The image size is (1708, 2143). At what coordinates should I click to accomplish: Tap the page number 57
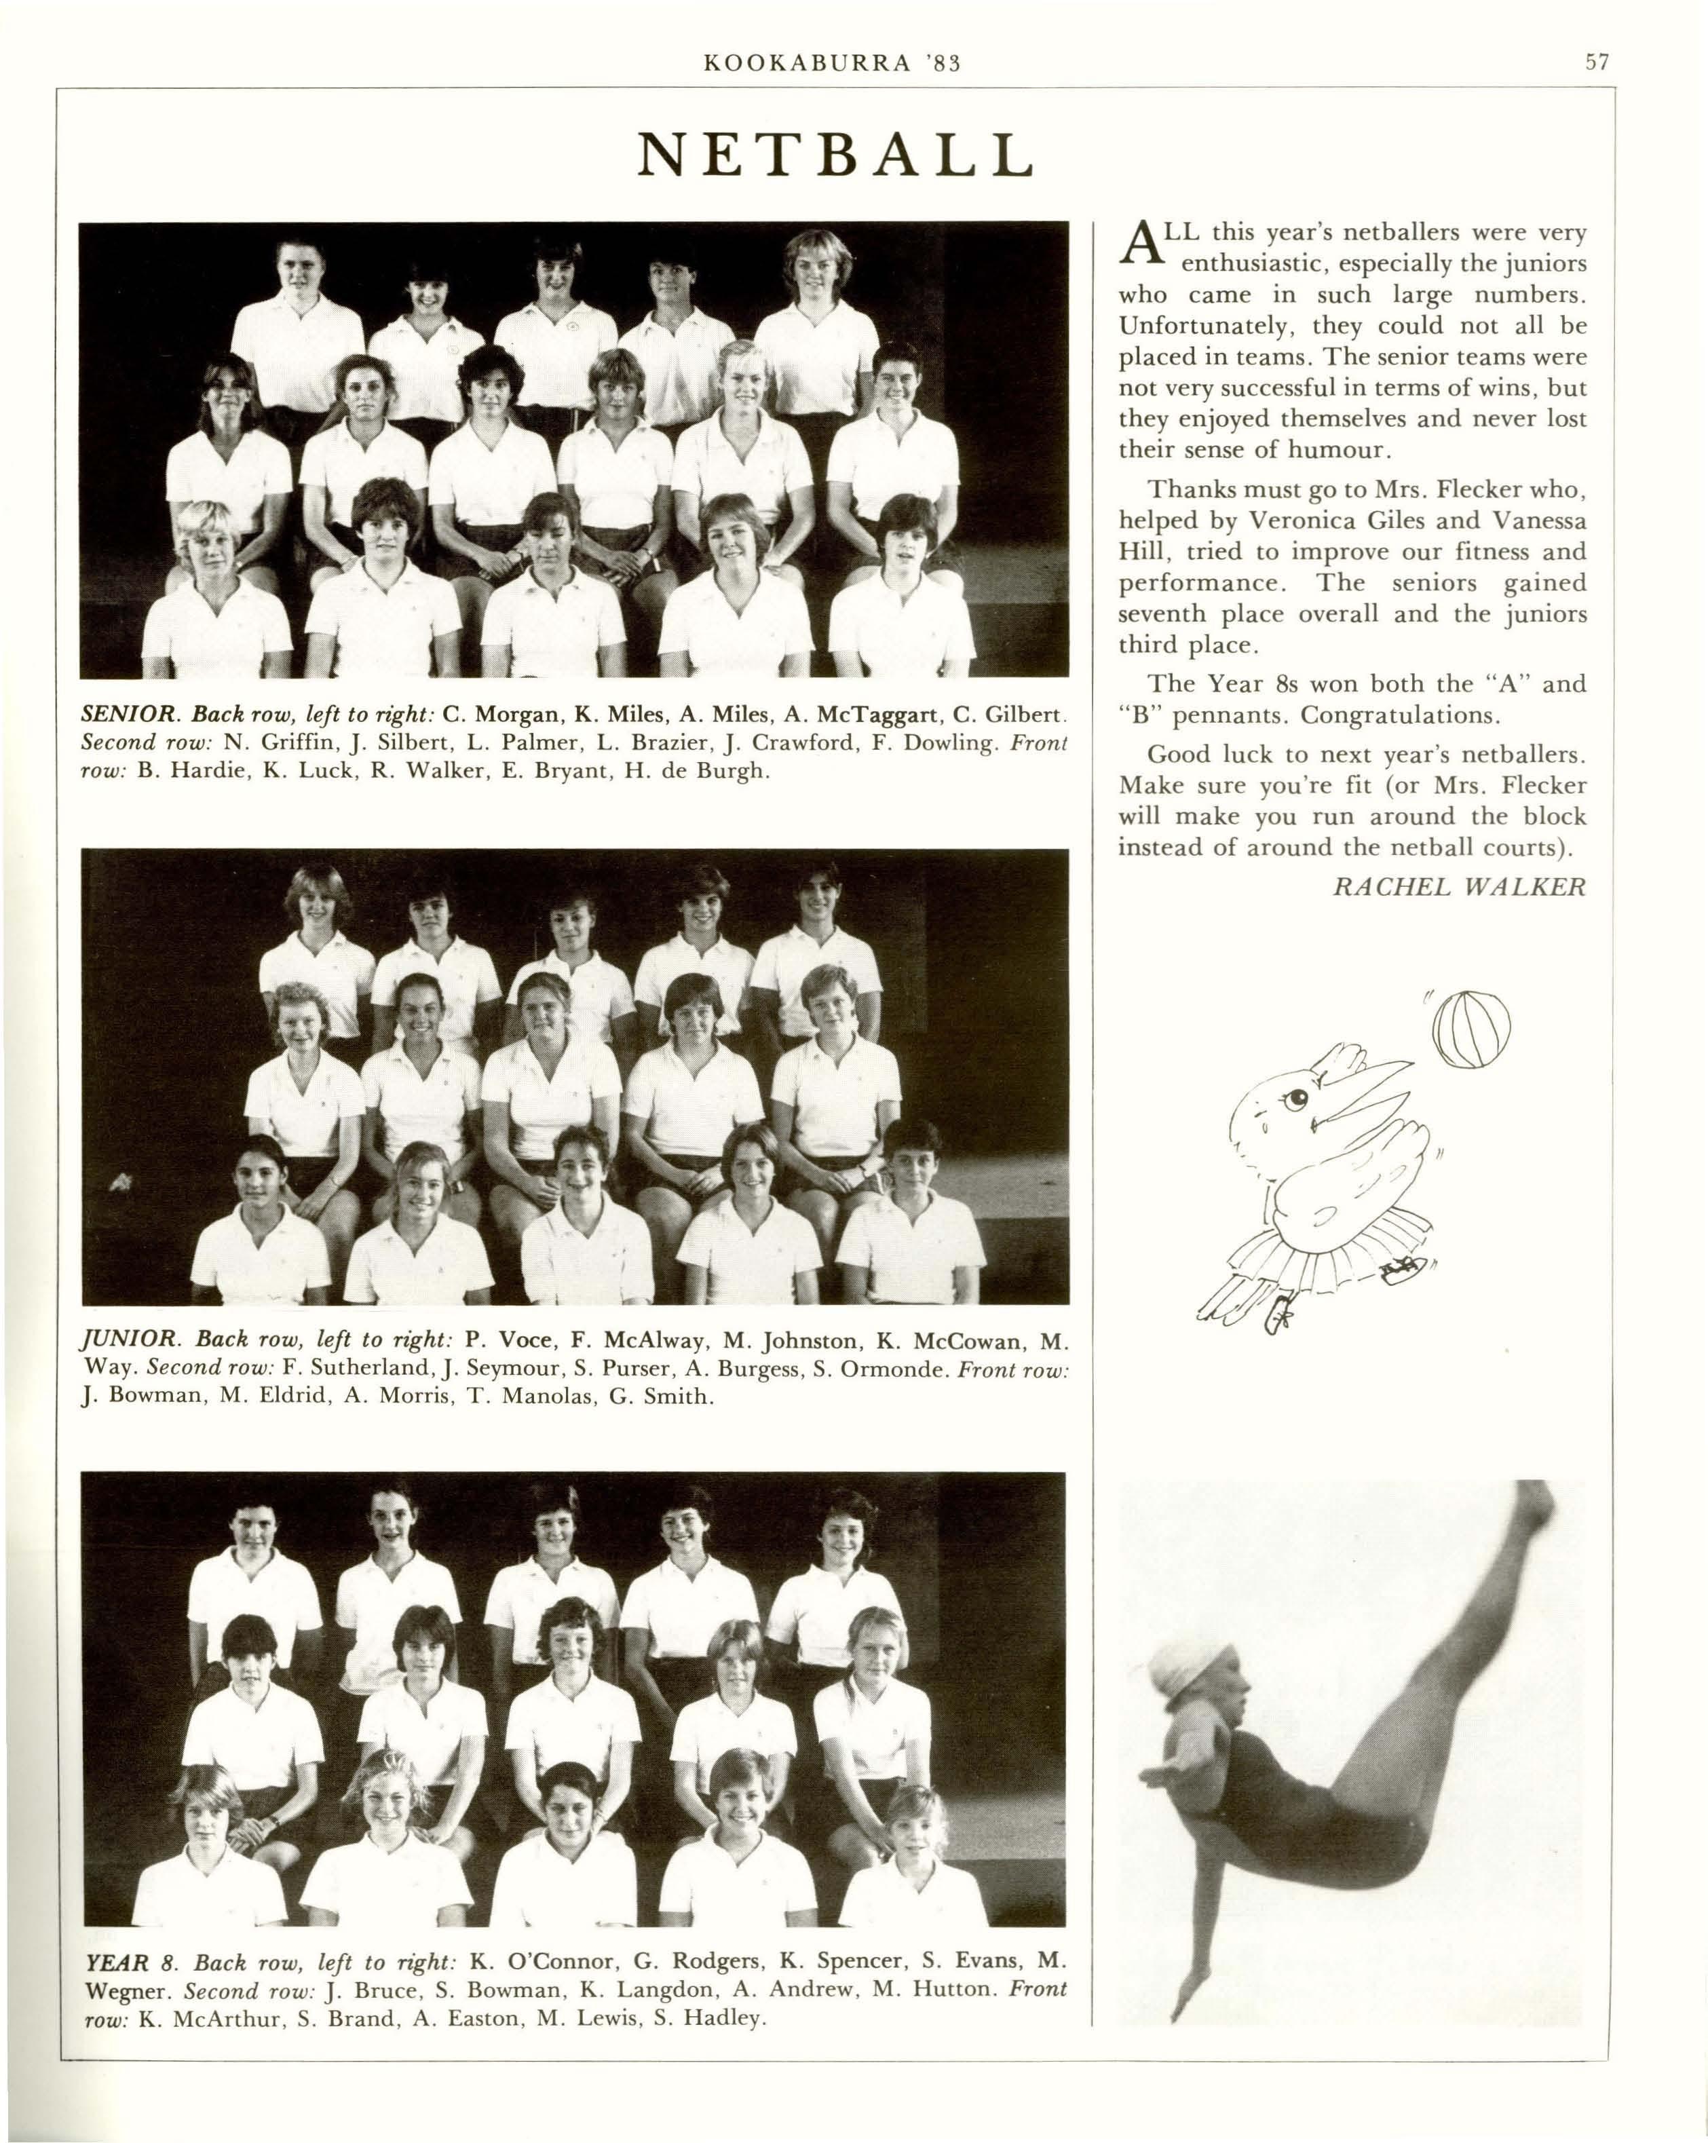coord(1597,62)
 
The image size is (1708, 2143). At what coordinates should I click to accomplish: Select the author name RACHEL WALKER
coord(1458,887)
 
